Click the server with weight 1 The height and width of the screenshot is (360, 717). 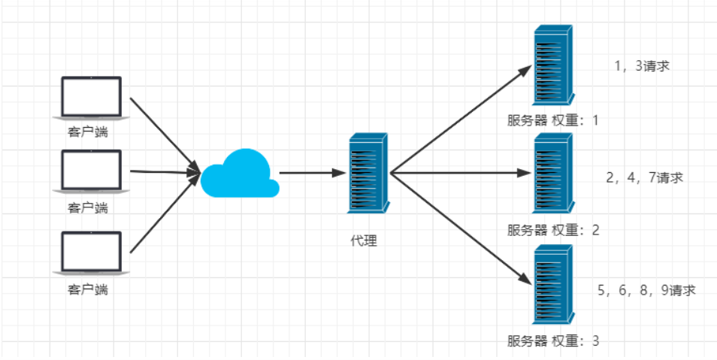pos(552,66)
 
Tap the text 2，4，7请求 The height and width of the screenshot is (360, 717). pos(644,178)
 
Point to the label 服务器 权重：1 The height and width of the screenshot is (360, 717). pos(553,120)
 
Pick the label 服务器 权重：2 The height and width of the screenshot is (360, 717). pos(553,230)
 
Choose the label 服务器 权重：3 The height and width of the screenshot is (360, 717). pos(553,340)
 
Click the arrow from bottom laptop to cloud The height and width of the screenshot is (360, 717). pos(164,215)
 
